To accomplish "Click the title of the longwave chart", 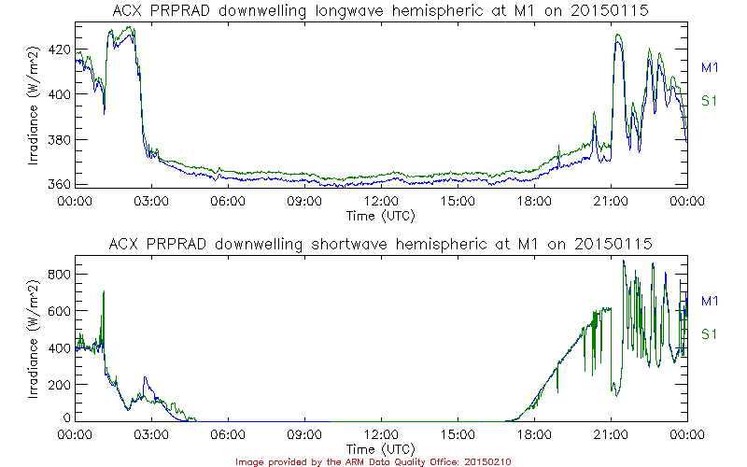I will coord(381,12).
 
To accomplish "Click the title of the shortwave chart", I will coord(381,245).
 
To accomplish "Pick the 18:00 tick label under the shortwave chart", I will coord(534,435).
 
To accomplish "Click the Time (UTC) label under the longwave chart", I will coord(381,216).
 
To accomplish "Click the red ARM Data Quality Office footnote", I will coord(373,461).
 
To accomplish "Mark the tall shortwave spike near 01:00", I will coord(104,294).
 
